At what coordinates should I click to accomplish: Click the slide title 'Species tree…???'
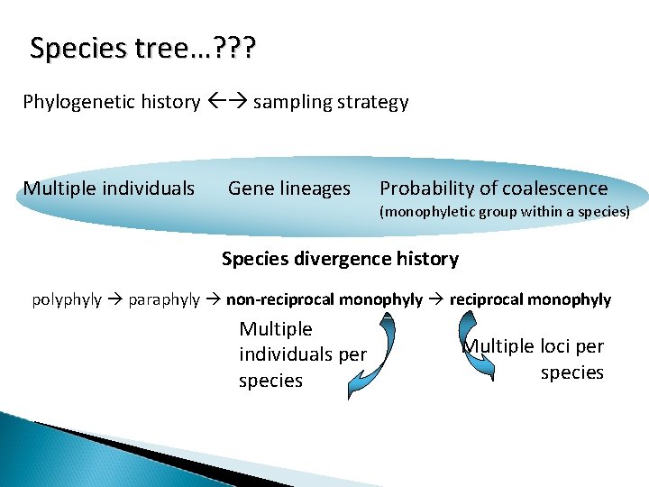tap(142, 48)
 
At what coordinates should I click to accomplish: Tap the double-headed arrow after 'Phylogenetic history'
tap(226, 102)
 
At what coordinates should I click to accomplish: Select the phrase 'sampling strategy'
tap(331, 102)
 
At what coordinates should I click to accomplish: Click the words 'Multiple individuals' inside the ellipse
tap(108, 188)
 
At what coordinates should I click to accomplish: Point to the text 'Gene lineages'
tap(288, 188)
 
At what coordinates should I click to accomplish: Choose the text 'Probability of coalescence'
tap(493, 188)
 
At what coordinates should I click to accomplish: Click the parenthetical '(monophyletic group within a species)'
tap(504, 213)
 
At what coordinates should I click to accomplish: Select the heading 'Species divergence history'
tap(340, 259)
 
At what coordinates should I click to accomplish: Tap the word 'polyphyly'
tap(67, 299)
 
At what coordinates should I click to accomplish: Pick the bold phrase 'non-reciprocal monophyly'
tap(324, 299)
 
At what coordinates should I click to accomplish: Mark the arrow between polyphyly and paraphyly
tap(115, 299)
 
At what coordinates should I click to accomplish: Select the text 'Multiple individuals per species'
tap(302, 354)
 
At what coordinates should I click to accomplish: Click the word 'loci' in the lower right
tap(552, 347)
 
